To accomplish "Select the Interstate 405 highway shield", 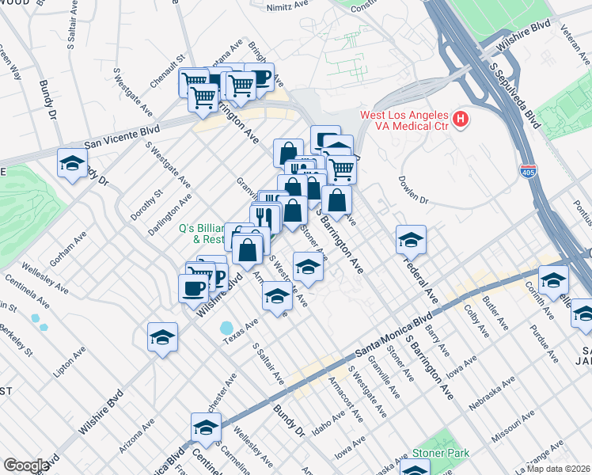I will pyautogui.click(x=528, y=170).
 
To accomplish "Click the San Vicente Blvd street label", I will pyautogui.click(x=122, y=136).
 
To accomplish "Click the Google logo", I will pyautogui.click(x=25, y=465).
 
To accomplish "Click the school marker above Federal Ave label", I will pyautogui.click(x=411, y=238).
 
